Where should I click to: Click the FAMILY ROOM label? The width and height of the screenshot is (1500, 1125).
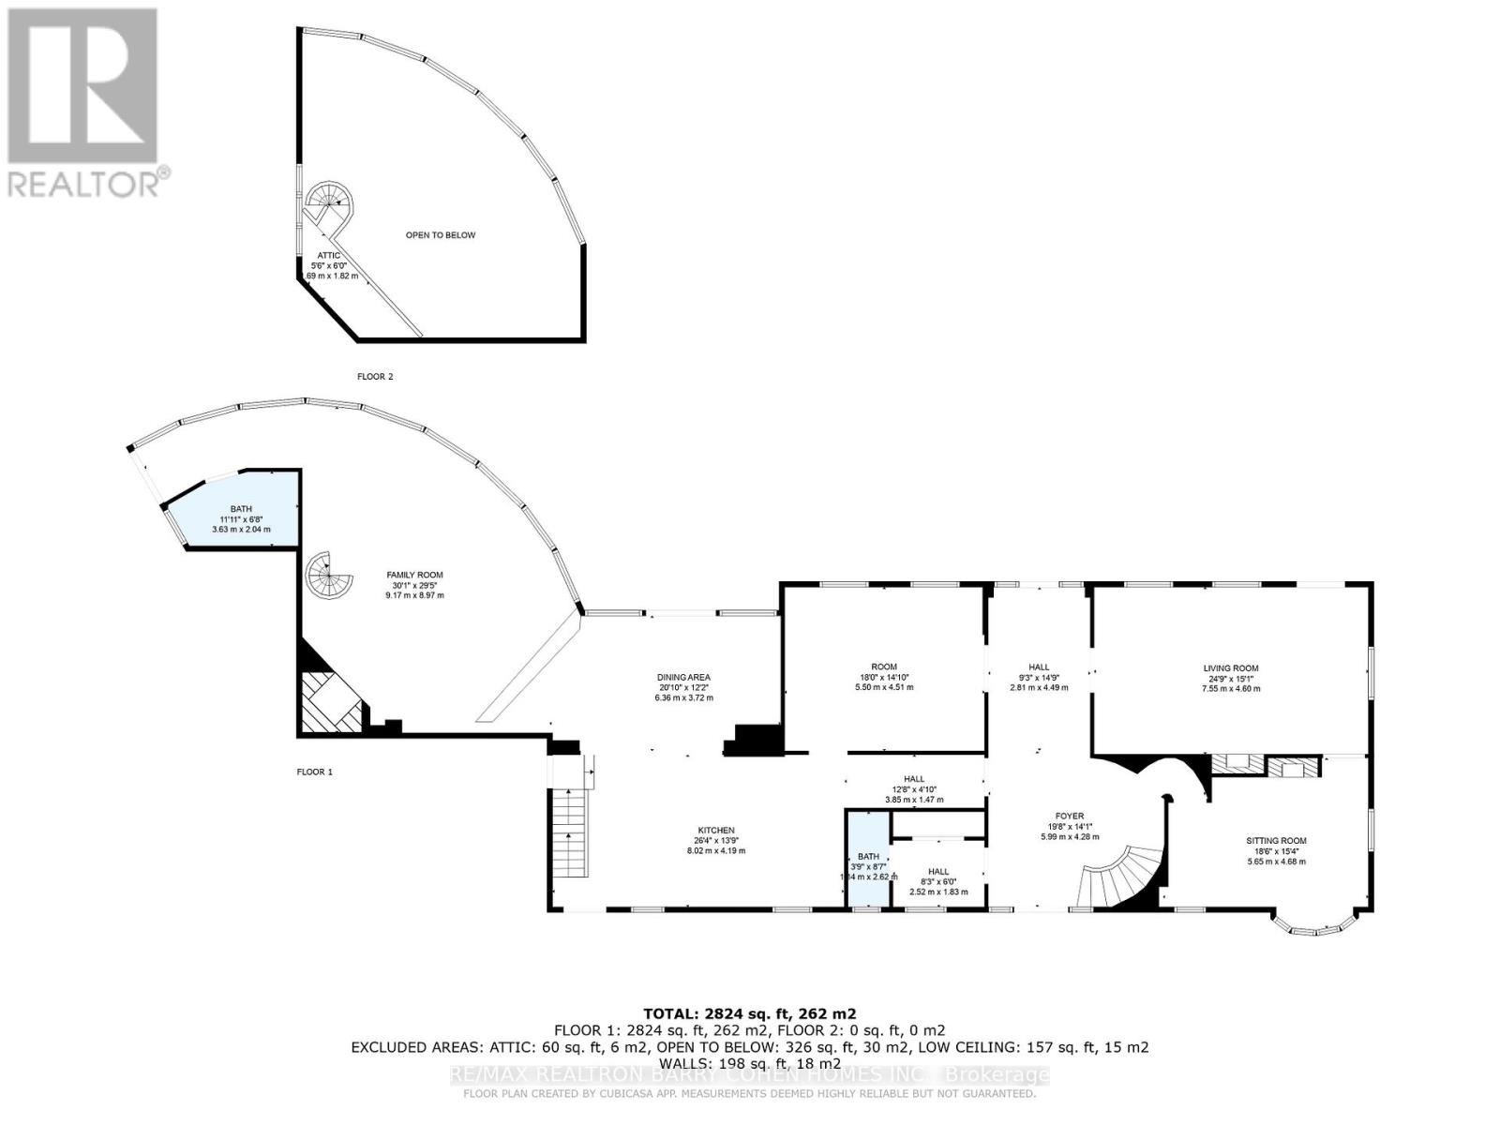(x=414, y=576)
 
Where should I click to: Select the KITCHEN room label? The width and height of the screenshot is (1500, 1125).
(x=715, y=831)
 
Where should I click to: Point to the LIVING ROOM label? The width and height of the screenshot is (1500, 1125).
(x=1231, y=668)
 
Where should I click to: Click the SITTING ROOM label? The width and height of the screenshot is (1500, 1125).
(x=1276, y=841)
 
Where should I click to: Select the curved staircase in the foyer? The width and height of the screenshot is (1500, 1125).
(x=1125, y=877)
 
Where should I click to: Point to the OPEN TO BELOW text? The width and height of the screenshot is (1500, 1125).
(x=440, y=235)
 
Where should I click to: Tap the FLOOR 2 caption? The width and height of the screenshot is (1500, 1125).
(x=375, y=377)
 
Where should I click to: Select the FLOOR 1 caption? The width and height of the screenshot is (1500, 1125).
(x=314, y=772)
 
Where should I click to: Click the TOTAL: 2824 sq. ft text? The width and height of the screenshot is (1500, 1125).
(x=749, y=1013)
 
